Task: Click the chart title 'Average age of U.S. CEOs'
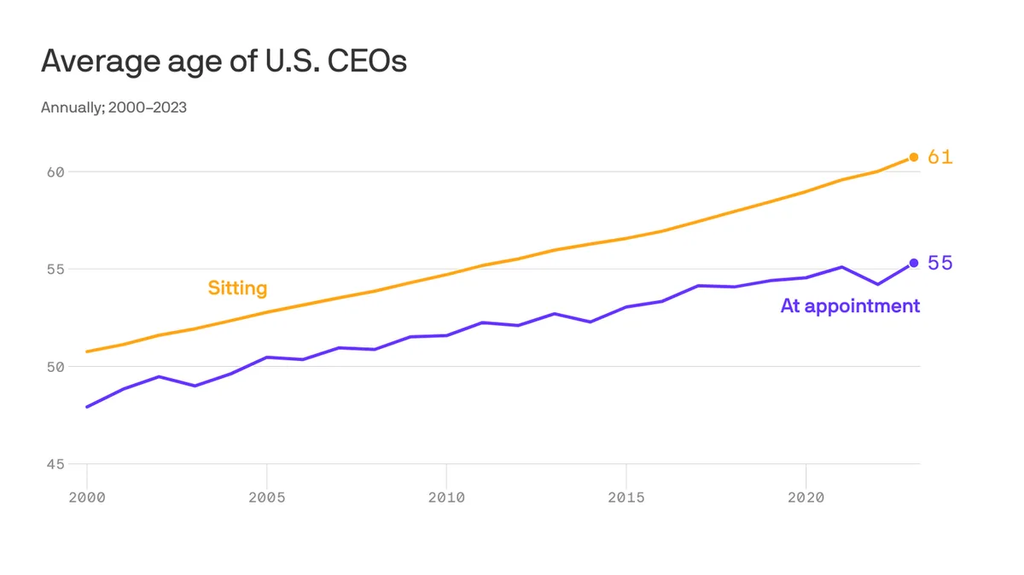pyautogui.click(x=224, y=61)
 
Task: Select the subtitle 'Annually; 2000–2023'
pyautogui.click(x=113, y=107)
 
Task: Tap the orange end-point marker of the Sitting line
pyautogui.click(x=913, y=157)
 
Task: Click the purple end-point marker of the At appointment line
pyautogui.click(x=913, y=263)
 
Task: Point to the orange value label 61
pyautogui.click(x=940, y=157)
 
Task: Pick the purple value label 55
pyautogui.click(x=940, y=264)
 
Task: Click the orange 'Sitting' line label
pyautogui.click(x=237, y=288)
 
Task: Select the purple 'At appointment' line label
pyautogui.click(x=850, y=306)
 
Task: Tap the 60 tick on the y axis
pyautogui.click(x=55, y=172)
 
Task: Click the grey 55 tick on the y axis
pyautogui.click(x=55, y=270)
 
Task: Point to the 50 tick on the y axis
pyautogui.click(x=55, y=367)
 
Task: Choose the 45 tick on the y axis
pyautogui.click(x=55, y=464)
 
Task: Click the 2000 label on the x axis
pyautogui.click(x=87, y=497)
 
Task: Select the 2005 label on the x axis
pyautogui.click(x=266, y=497)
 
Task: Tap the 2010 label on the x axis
pyautogui.click(x=446, y=497)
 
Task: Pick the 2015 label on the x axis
pyautogui.click(x=625, y=497)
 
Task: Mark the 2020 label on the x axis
pyautogui.click(x=806, y=497)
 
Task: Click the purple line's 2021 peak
pyautogui.click(x=841, y=267)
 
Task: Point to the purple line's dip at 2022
pyautogui.click(x=878, y=284)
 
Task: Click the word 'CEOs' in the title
pyautogui.click(x=367, y=61)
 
